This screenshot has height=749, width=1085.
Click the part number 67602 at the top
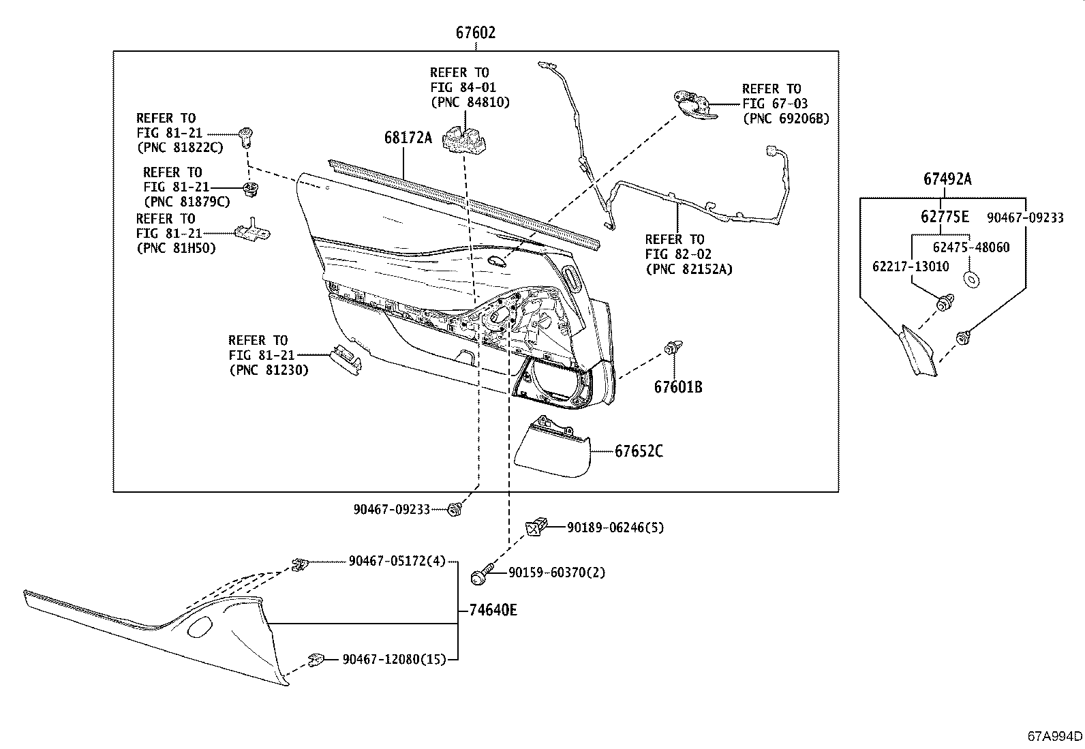[x=476, y=33]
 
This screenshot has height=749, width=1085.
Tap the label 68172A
[x=408, y=138]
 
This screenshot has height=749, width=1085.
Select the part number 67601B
[x=678, y=387]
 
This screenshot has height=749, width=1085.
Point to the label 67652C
[x=639, y=451]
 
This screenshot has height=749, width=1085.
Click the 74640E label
[x=493, y=610]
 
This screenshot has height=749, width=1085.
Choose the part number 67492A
[x=947, y=179]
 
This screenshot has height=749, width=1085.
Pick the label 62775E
[x=945, y=217]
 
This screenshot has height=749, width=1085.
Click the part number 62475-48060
[x=971, y=247]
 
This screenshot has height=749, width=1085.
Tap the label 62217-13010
[x=911, y=266]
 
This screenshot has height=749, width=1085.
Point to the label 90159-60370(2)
[x=557, y=572]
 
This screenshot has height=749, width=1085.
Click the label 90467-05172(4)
[x=397, y=561]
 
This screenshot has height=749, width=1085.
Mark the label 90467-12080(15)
[x=394, y=659]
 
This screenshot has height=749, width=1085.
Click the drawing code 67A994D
[x=1055, y=736]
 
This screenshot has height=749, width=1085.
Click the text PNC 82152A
[x=688, y=269]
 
